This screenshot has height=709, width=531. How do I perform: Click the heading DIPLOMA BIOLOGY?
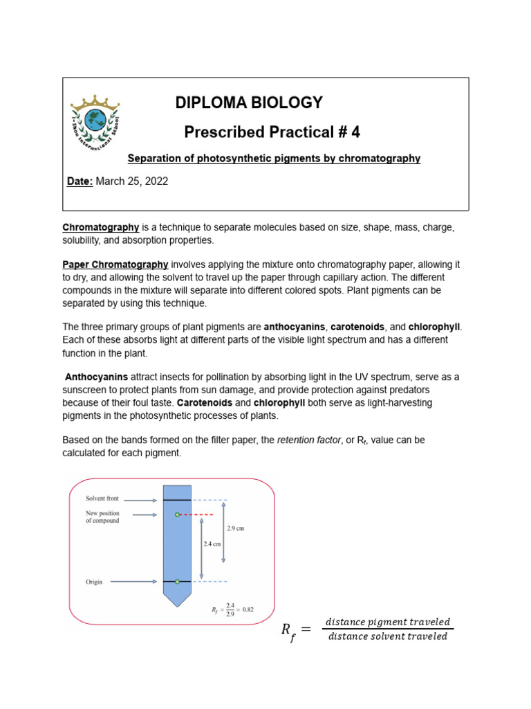point(248,103)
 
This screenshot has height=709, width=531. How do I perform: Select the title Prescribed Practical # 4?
point(272,132)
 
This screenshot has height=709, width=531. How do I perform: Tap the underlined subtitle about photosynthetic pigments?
point(274,159)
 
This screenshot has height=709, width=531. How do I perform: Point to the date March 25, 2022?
point(131,181)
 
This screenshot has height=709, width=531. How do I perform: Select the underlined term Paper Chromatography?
point(115,264)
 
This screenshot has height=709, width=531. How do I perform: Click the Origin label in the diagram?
point(94,582)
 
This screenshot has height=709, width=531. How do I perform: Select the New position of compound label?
point(102,517)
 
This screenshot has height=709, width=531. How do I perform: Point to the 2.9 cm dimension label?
point(235,528)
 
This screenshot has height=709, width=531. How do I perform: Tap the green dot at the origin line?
point(177,582)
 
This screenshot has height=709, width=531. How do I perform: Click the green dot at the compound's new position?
point(177,514)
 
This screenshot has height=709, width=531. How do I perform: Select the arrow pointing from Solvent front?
point(142,499)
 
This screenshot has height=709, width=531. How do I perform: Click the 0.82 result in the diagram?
point(246,609)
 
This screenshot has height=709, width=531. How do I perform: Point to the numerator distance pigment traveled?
point(388,622)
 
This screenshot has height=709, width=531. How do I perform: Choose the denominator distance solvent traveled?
point(388,636)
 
